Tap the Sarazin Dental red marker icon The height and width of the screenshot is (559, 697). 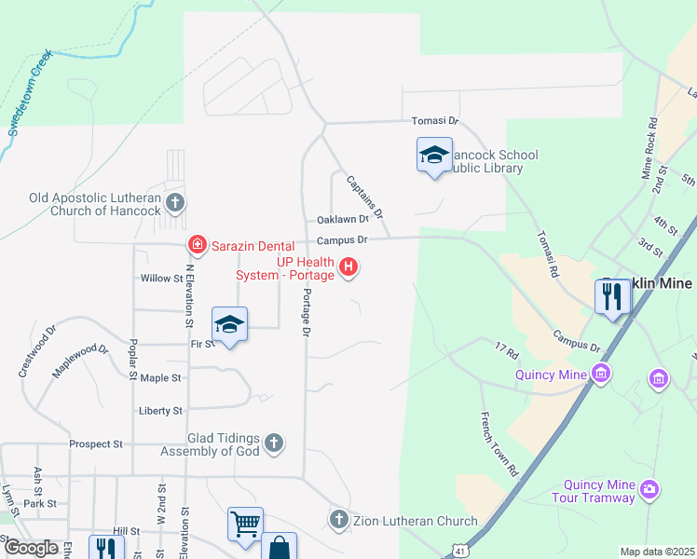coord(197,246)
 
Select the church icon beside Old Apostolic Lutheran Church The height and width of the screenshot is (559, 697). coord(174,202)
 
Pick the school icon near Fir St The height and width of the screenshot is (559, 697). coord(230,324)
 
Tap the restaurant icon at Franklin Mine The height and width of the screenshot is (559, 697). coord(613,296)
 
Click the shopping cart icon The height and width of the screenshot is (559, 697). coord(245,524)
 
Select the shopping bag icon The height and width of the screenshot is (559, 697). coord(279,548)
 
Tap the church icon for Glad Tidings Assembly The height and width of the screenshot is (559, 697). coord(273,443)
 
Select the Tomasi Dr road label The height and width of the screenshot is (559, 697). coord(436,121)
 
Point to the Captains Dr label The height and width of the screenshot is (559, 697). coord(364,197)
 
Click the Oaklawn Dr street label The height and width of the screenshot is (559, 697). coord(337,220)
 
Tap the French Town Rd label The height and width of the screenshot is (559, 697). coord(499,444)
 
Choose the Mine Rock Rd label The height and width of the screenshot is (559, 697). coord(649,147)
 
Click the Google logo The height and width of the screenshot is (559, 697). coord(31,548)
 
